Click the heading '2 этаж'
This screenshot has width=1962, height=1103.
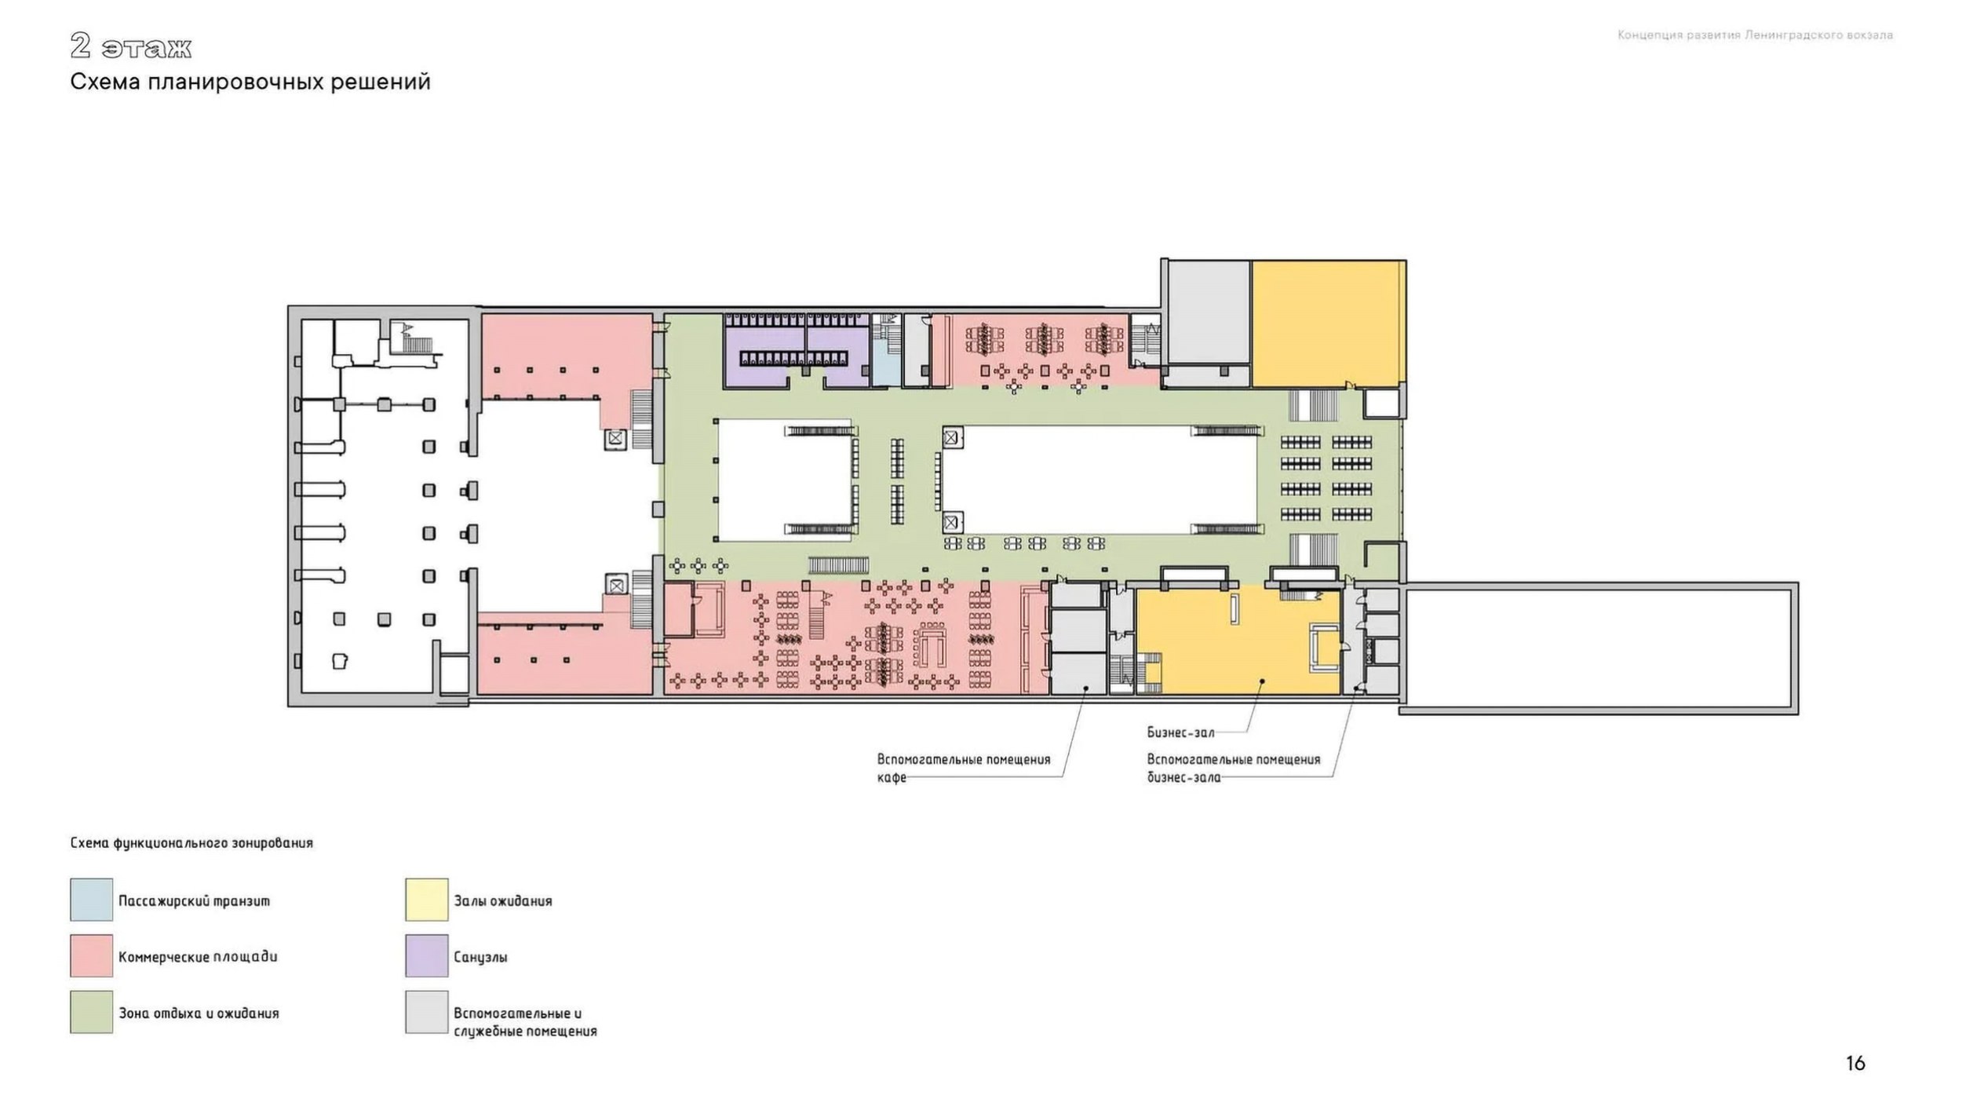130,47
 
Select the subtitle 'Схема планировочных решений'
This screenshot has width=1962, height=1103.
250,82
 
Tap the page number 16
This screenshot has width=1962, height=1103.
1855,1063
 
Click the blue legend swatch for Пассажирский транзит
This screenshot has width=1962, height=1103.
91,900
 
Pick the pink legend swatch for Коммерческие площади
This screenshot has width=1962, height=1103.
91,955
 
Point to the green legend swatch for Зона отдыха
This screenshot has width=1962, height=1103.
91,1012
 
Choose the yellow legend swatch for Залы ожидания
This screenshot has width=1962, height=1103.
427,900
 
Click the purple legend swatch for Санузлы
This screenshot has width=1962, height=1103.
427,955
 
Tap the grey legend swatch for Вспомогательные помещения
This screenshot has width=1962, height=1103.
427,1012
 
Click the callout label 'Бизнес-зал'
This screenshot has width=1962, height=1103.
1180,732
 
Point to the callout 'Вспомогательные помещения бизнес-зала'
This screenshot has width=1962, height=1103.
1234,769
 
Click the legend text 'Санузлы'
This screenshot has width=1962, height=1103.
480,957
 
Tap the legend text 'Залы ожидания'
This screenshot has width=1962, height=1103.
503,900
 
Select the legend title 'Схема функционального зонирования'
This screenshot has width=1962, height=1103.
191,843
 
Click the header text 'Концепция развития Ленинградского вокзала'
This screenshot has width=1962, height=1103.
1755,35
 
